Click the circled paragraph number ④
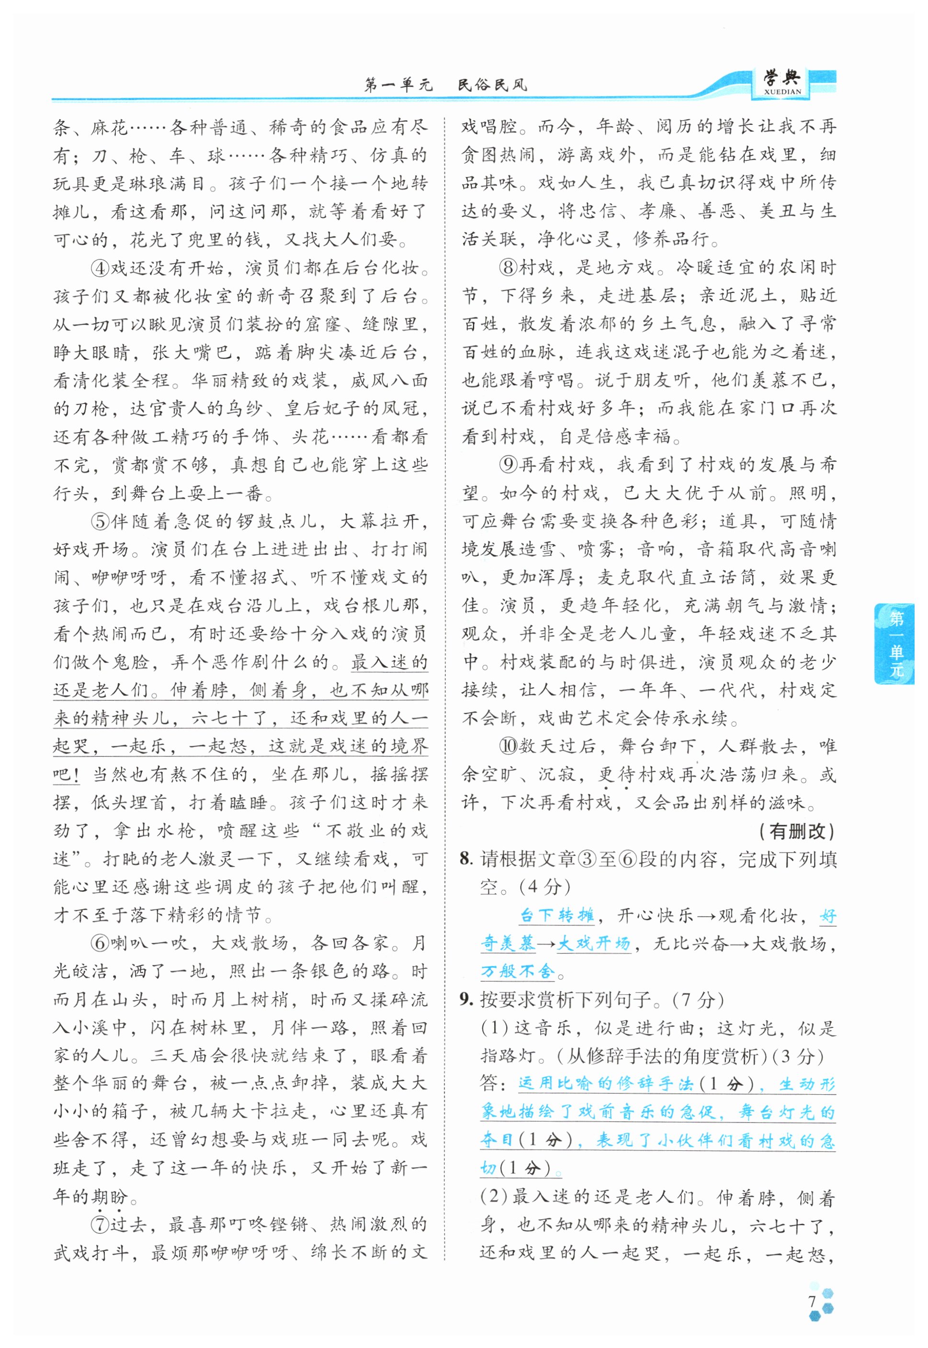coord(101,269)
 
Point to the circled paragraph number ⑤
coord(101,521)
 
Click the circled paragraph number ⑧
coord(509,268)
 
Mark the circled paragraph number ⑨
coord(509,464)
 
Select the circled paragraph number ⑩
coord(509,746)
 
